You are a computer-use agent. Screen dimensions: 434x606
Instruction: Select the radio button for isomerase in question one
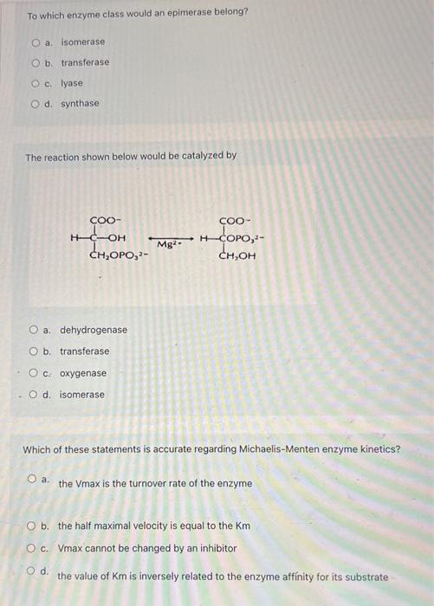36,42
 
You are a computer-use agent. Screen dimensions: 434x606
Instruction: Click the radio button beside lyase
36,83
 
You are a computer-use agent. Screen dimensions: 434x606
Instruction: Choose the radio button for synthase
36,104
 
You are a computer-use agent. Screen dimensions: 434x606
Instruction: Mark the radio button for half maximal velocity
32,525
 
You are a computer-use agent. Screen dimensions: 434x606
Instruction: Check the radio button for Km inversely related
32,572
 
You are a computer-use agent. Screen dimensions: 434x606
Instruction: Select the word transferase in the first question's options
85,62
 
